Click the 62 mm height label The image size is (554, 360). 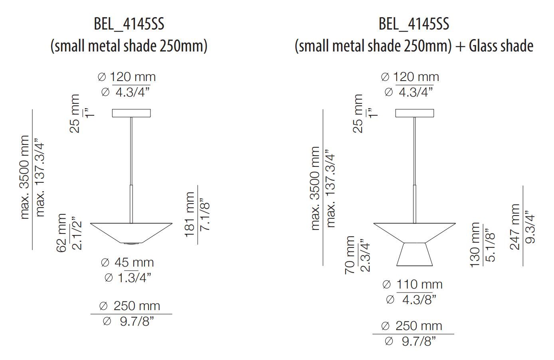pyautogui.click(x=62, y=232)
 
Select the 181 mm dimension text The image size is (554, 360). pyautogui.click(x=190, y=214)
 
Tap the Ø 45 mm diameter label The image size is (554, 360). pyautogui.click(x=128, y=263)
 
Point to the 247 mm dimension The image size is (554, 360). pyautogui.click(x=515, y=227)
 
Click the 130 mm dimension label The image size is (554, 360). pyautogui.click(x=475, y=245)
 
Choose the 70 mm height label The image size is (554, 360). pyautogui.click(x=350, y=255)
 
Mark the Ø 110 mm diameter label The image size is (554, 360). pyautogui.click(x=413, y=285)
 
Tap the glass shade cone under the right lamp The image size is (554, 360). pyautogui.click(x=415, y=254)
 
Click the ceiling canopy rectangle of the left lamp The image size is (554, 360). pyautogui.click(x=131, y=113)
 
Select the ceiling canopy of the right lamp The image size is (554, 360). pyautogui.click(x=415, y=113)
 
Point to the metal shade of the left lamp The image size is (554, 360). pyautogui.click(x=131, y=232)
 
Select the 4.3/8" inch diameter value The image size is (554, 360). pyautogui.click(x=413, y=299)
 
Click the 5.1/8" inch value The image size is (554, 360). pyautogui.click(x=490, y=245)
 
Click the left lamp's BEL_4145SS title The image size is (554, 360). pyautogui.click(x=129, y=24)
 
